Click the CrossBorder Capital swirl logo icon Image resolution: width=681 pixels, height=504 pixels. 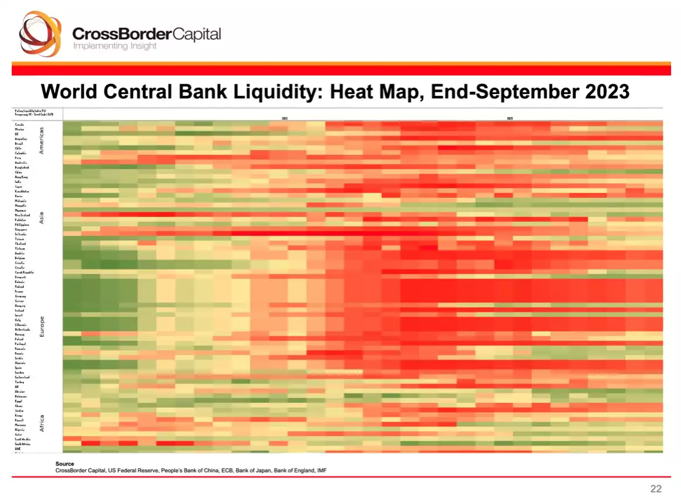point(40,33)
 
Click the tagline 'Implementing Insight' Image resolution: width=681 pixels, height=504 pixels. point(114,46)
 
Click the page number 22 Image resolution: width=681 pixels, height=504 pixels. point(656,489)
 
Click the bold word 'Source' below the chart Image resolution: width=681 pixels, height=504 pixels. point(64,464)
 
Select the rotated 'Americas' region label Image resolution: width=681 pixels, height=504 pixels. point(42,140)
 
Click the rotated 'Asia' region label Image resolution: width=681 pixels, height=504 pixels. point(42,218)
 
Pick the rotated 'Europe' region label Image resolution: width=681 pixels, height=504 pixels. point(42,326)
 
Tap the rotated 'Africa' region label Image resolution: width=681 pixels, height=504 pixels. point(42,423)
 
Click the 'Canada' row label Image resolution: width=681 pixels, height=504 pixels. point(19,125)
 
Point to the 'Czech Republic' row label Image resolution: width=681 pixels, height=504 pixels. point(24,272)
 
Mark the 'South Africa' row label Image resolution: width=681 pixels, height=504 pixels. point(23,444)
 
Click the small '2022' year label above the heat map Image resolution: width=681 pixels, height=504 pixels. point(285,118)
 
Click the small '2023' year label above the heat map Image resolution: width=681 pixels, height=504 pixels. point(510,118)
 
